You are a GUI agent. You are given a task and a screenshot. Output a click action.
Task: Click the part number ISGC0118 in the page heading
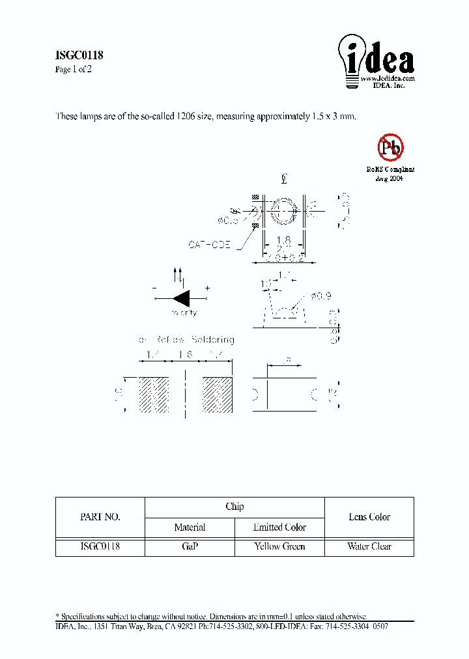78,56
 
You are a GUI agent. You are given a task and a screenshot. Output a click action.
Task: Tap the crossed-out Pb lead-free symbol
391,148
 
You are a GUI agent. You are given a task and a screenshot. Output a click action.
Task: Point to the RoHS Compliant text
390,169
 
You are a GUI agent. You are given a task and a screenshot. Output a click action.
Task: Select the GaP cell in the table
190,546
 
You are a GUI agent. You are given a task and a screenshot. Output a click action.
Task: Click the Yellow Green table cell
279,546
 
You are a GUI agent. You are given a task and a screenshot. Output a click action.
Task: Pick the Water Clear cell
369,546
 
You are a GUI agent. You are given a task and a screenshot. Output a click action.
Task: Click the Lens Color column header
369,517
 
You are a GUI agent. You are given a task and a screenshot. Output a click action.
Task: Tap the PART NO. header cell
100,517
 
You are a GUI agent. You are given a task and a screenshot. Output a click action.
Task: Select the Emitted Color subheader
279,527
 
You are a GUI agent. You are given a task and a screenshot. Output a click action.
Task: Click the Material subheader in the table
190,527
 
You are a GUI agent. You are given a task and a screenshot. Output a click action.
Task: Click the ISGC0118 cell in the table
100,546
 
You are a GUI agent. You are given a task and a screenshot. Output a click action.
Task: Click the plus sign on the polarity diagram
208,288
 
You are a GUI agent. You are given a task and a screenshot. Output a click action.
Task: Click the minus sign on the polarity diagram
154,288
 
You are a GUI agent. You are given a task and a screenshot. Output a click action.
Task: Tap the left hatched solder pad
154,394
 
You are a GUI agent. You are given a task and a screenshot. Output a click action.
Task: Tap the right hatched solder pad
217,394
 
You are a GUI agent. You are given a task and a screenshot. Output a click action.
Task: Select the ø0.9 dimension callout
322,296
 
